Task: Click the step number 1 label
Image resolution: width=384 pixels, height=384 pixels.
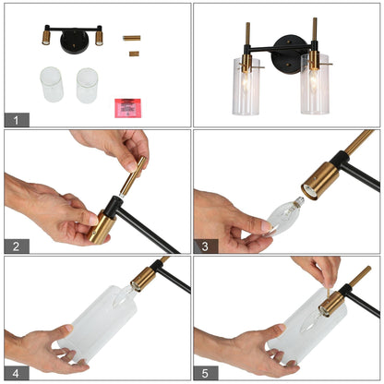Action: click(x=17, y=120)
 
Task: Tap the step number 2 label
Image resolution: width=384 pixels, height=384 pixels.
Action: click(x=17, y=246)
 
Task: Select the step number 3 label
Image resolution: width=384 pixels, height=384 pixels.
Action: click(x=206, y=246)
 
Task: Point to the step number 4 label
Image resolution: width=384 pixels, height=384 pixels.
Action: click(x=17, y=373)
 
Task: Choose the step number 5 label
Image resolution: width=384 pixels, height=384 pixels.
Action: click(x=206, y=373)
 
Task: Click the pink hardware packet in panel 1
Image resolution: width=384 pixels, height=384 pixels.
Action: click(x=127, y=108)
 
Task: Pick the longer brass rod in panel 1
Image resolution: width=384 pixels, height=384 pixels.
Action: click(x=132, y=38)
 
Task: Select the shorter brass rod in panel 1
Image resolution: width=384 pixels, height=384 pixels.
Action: click(x=134, y=54)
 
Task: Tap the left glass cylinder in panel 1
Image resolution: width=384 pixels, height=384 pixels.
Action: click(x=52, y=84)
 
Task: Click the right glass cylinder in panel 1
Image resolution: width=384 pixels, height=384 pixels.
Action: click(x=87, y=86)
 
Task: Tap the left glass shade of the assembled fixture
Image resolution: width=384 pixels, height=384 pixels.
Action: click(x=246, y=86)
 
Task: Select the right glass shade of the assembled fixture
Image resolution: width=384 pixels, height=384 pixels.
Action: click(x=315, y=84)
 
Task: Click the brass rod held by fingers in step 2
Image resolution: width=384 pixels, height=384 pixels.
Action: click(x=133, y=177)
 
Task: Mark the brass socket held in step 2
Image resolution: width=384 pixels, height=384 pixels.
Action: click(x=101, y=227)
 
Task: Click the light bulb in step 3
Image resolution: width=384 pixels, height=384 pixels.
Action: click(x=284, y=216)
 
